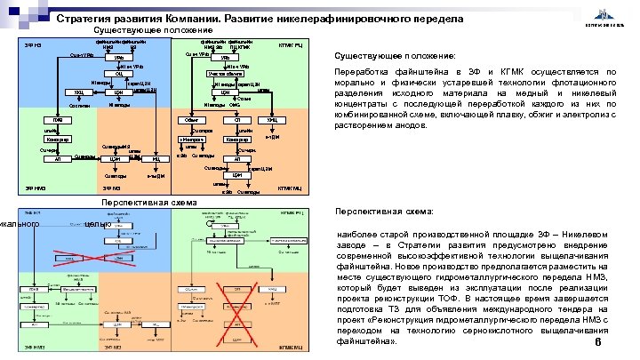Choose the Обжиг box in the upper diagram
point(190,120)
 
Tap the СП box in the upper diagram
point(234,120)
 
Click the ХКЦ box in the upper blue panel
point(79,92)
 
